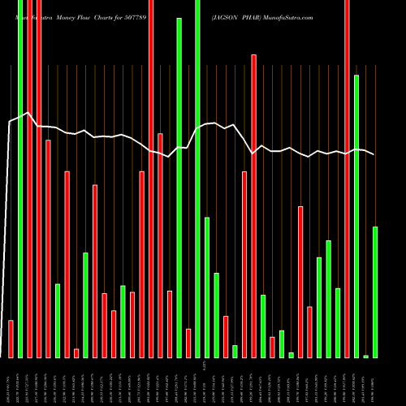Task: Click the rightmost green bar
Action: pyautogui.click(x=375, y=292)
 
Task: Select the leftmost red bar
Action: pyautogui.click(x=11, y=339)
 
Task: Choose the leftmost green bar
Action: pyautogui.click(x=20, y=179)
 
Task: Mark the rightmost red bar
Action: pyautogui.click(x=347, y=179)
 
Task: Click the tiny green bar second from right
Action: pyautogui.click(x=365, y=356)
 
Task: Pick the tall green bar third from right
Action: pyautogui.click(x=356, y=216)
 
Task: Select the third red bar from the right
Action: pyautogui.click(x=300, y=282)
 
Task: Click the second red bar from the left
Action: pyautogui.click(x=29, y=179)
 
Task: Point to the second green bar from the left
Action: pyautogui.click(x=58, y=321)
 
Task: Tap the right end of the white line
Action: pyautogui.click(x=374, y=154)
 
